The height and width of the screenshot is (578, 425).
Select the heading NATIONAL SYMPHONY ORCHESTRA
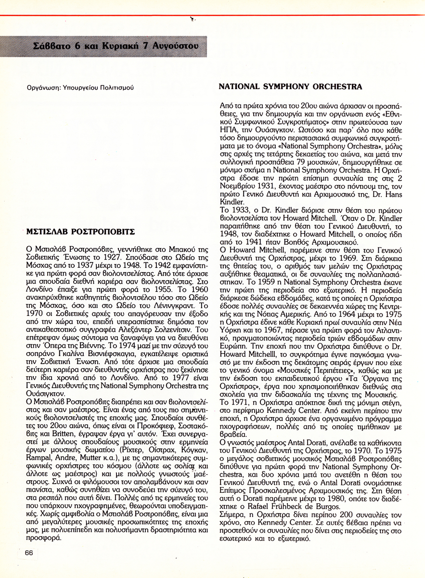tap(290, 87)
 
